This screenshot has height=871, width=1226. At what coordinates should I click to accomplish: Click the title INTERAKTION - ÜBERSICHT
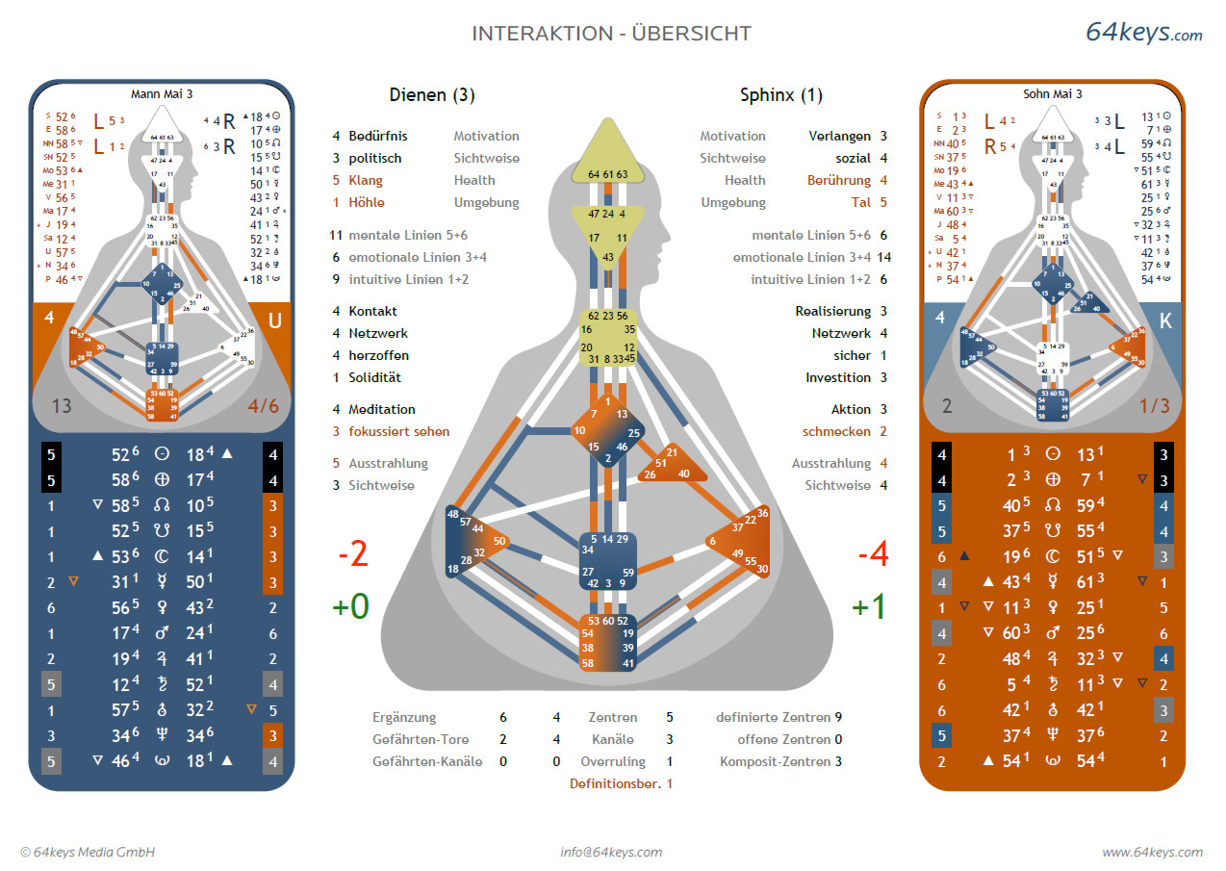point(611,34)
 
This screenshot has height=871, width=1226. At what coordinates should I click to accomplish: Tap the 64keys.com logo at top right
point(1143,32)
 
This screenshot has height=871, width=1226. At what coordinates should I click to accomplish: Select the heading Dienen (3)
point(432,95)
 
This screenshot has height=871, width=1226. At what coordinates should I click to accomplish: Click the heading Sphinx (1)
point(780,95)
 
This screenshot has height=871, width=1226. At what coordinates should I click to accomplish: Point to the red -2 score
point(352,556)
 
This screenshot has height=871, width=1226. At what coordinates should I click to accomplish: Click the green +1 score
point(869,608)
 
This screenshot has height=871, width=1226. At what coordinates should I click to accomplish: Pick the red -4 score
point(872,556)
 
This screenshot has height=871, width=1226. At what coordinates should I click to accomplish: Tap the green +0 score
point(350,608)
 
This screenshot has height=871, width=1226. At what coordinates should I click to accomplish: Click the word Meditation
point(382,410)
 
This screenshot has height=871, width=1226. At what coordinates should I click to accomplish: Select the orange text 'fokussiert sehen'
point(398,432)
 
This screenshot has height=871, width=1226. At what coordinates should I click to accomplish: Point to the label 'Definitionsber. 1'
point(621,784)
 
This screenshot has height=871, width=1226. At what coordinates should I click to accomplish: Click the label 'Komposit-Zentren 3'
point(780,762)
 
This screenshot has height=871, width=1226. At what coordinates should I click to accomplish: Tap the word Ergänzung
point(404,718)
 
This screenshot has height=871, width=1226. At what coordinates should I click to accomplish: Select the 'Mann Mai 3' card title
point(162,94)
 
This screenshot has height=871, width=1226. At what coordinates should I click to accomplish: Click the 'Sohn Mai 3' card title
point(1053,94)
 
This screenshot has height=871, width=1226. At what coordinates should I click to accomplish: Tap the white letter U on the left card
point(274,320)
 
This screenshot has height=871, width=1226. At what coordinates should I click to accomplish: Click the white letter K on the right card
point(1166,320)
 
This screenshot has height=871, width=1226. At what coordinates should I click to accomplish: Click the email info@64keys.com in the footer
point(611,852)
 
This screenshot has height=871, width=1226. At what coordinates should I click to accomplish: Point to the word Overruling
point(613,762)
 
